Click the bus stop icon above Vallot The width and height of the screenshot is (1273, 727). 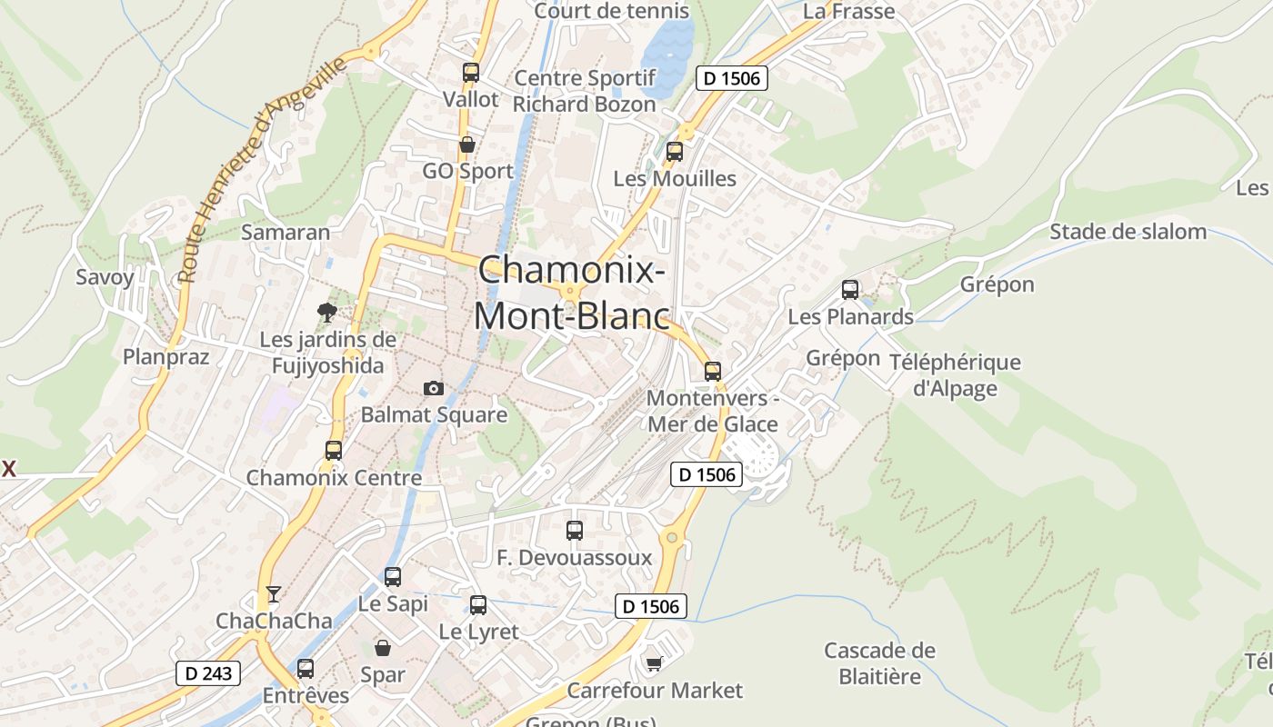pyautogui.click(x=470, y=73)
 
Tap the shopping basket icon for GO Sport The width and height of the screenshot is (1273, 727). pyautogui.click(x=467, y=144)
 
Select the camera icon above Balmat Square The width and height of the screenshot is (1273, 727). pyautogui.click(x=434, y=388)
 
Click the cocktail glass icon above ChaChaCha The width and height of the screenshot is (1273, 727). pyautogui.click(x=273, y=594)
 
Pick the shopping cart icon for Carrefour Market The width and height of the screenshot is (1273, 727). pyautogui.click(x=654, y=664)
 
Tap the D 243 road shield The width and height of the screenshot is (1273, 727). pyautogui.click(x=208, y=673)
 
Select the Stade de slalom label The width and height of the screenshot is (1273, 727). pyautogui.click(x=1128, y=232)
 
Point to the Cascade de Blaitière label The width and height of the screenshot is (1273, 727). pyautogui.click(x=879, y=663)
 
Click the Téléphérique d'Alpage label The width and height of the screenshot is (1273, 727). pyautogui.click(x=955, y=375)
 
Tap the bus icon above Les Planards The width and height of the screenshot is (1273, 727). pyautogui.click(x=850, y=290)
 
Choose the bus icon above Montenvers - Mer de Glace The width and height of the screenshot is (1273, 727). pyautogui.click(x=713, y=372)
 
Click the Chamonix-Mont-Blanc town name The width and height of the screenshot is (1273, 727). pyautogui.click(x=571, y=293)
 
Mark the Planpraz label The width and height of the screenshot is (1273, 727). pyautogui.click(x=166, y=356)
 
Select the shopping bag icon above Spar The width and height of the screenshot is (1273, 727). pyautogui.click(x=383, y=648)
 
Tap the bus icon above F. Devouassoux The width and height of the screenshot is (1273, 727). pyautogui.click(x=575, y=531)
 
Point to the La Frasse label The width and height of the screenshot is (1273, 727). pyautogui.click(x=849, y=12)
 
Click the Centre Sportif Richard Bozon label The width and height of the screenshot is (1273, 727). pyautogui.click(x=585, y=91)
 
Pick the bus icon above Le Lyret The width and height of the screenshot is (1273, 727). pyautogui.click(x=478, y=605)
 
